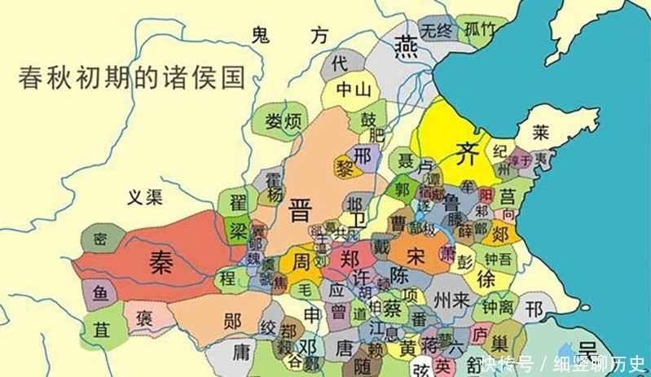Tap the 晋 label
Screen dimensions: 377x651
point(300,212)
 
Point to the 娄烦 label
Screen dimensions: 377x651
point(283,122)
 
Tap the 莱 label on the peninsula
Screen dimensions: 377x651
point(540,132)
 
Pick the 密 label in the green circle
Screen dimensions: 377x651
point(99,238)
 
